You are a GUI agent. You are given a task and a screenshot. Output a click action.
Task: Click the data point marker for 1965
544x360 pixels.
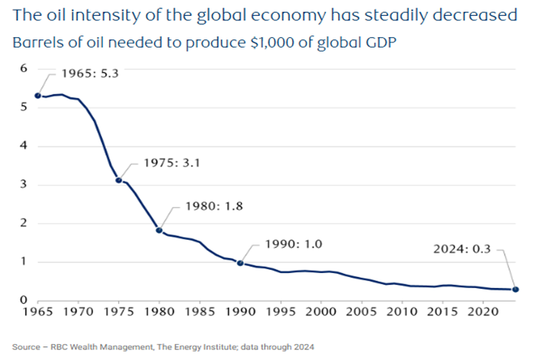click(x=38, y=96)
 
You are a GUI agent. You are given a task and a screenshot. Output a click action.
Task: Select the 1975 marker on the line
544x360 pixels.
click(x=118, y=181)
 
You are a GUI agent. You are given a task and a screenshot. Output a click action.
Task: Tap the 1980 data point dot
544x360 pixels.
click(x=159, y=230)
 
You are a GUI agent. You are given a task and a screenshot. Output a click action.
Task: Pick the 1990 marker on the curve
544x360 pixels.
click(x=240, y=263)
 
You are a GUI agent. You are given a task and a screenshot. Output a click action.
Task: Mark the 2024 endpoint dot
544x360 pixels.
click(x=516, y=290)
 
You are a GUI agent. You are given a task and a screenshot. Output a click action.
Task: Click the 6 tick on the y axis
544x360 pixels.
click(x=23, y=68)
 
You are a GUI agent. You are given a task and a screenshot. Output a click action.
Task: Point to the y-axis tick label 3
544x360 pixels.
click(x=23, y=185)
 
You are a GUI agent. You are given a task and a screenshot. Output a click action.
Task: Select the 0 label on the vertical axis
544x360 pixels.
click(x=23, y=301)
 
